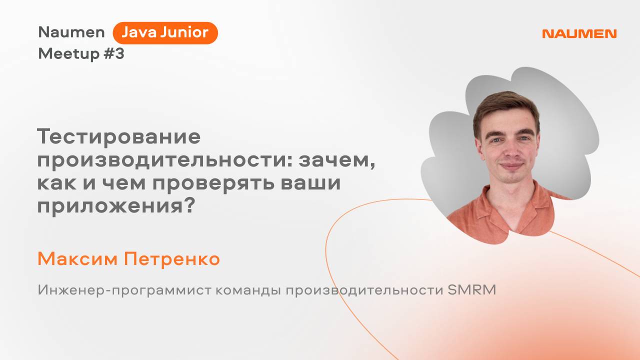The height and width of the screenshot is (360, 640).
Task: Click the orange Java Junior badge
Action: [x=165, y=33]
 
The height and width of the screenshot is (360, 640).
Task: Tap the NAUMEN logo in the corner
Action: [x=579, y=34]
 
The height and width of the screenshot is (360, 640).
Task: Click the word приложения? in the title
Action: [x=115, y=205]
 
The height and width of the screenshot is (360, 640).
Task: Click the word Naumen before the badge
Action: [x=71, y=32]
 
